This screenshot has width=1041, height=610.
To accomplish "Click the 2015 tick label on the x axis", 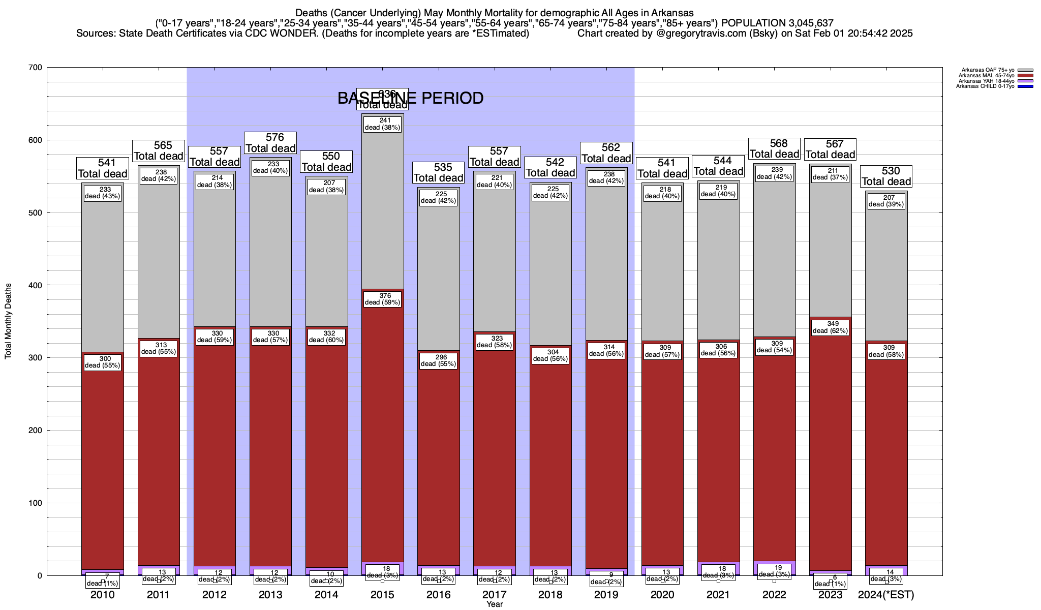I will point(382,594).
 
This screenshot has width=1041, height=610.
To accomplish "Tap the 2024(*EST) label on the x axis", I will point(886,594).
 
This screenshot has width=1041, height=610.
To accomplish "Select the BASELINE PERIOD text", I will point(410,98).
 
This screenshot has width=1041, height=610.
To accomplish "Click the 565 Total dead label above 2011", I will point(158,151).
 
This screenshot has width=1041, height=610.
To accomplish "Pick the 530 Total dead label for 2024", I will point(886,176).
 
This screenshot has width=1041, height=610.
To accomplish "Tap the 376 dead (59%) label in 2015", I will point(382,299).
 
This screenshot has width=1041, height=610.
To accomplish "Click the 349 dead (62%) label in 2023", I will point(830,327).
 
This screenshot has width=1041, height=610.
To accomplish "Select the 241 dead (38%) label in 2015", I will point(382,124).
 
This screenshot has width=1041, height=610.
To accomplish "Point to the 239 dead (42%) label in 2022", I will point(774,173).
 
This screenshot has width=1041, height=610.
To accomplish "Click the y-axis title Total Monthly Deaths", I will point(8,321).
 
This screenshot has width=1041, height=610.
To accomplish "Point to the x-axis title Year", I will point(494,604).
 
